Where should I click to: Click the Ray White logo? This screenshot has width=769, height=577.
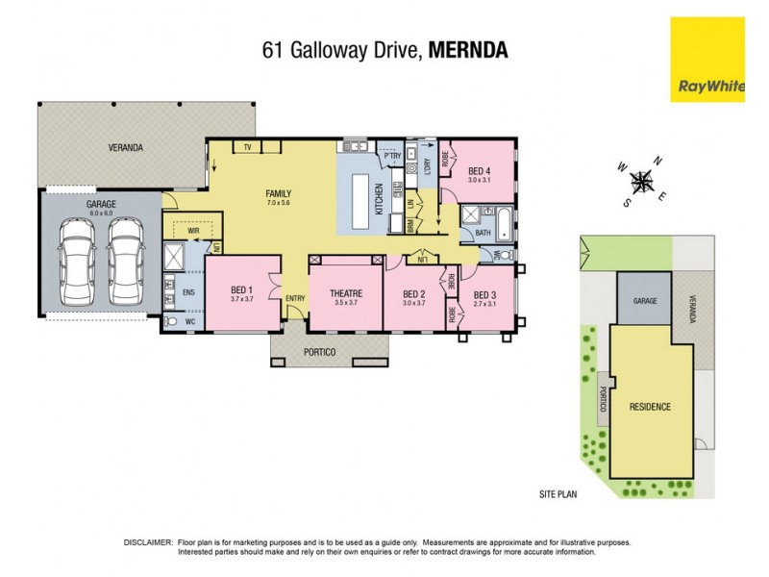click(707, 59)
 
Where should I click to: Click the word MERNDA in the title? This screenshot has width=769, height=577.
click(468, 51)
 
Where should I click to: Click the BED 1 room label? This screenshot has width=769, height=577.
click(241, 292)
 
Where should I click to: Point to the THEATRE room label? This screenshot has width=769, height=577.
click(345, 292)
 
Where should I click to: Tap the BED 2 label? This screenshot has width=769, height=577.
click(413, 293)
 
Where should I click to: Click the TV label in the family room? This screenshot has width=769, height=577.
click(247, 147)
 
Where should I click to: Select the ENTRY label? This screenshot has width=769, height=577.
click(295, 298)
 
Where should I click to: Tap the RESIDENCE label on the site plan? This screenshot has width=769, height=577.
click(651, 407)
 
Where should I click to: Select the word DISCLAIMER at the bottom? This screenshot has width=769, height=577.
click(148, 542)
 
